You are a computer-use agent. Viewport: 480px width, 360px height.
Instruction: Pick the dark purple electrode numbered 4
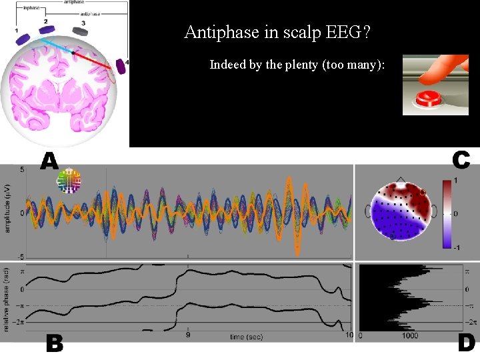[x=121, y=66]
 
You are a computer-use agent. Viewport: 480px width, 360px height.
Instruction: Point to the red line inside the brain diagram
[x=93, y=60]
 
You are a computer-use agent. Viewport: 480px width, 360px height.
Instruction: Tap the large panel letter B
[x=55, y=343]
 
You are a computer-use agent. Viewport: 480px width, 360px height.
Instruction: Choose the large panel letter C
[x=461, y=160]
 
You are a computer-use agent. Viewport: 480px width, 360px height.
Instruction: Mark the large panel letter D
[x=466, y=343]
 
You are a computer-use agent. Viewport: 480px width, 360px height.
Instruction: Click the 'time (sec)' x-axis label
[x=246, y=337]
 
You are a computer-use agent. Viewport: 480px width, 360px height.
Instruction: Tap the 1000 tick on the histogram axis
[x=409, y=337]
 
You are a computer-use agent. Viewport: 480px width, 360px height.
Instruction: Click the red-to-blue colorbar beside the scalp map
[x=447, y=213]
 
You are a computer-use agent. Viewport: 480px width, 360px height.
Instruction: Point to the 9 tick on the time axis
[x=187, y=336]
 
